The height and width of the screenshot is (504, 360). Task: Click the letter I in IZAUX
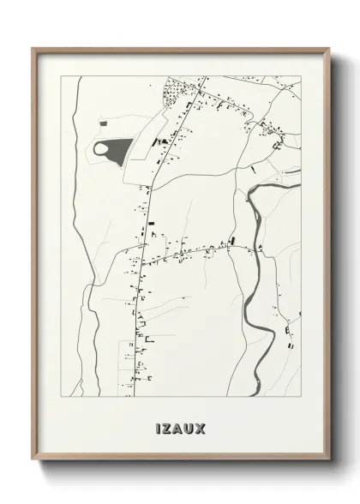(x=159, y=426)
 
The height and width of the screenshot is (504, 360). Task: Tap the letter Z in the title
(x=169, y=426)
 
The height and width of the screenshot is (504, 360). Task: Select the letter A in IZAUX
(x=181, y=426)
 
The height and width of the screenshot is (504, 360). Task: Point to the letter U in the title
(x=193, y=426)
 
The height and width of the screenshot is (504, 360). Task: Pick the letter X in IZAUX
(x=205, y=426)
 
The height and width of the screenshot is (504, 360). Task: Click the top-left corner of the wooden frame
(x=33, y=48)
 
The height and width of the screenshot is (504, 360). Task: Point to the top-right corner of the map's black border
(x=301, y=75)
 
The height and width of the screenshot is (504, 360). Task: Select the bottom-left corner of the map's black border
(x=61, y=397)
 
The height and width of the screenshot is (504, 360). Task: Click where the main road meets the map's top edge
(x=206, y=76)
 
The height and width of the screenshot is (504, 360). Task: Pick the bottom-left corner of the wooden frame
(x=33, y=460)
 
